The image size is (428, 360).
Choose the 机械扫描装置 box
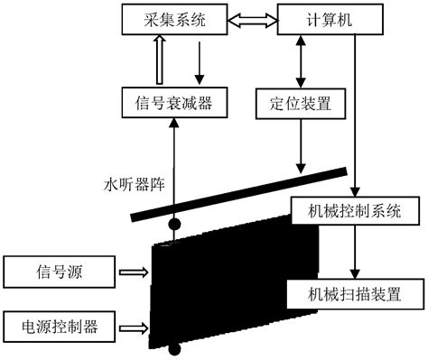pos(355,293)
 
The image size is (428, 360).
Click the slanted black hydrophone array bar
pos(239,193)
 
